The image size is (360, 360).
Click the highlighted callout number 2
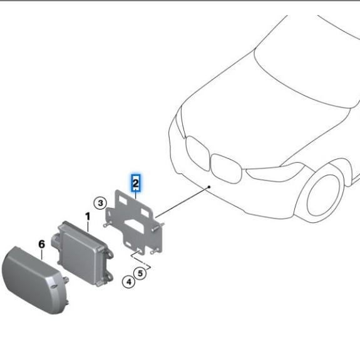tap(135, 183)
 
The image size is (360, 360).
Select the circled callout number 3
tap(100, 203)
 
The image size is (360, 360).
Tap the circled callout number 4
tap(128, 282)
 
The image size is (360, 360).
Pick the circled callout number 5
tap(141, 273)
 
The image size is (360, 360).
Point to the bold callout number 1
tap(88, 217)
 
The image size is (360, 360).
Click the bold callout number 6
tap(42, 244)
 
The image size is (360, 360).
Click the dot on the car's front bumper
tap(210, 187)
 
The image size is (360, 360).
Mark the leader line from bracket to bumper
tap(185, 202)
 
